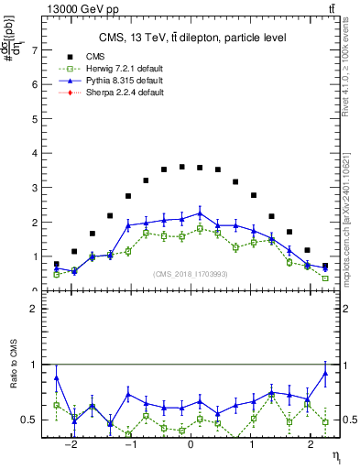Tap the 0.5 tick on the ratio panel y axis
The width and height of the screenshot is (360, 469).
click(x=30, y=420)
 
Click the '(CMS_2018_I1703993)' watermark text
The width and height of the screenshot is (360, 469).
click(x=190, y=275)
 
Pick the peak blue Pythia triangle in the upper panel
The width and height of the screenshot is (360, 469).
click(x=200, y=213)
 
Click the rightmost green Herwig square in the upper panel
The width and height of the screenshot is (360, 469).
click(x=325, y=278)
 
